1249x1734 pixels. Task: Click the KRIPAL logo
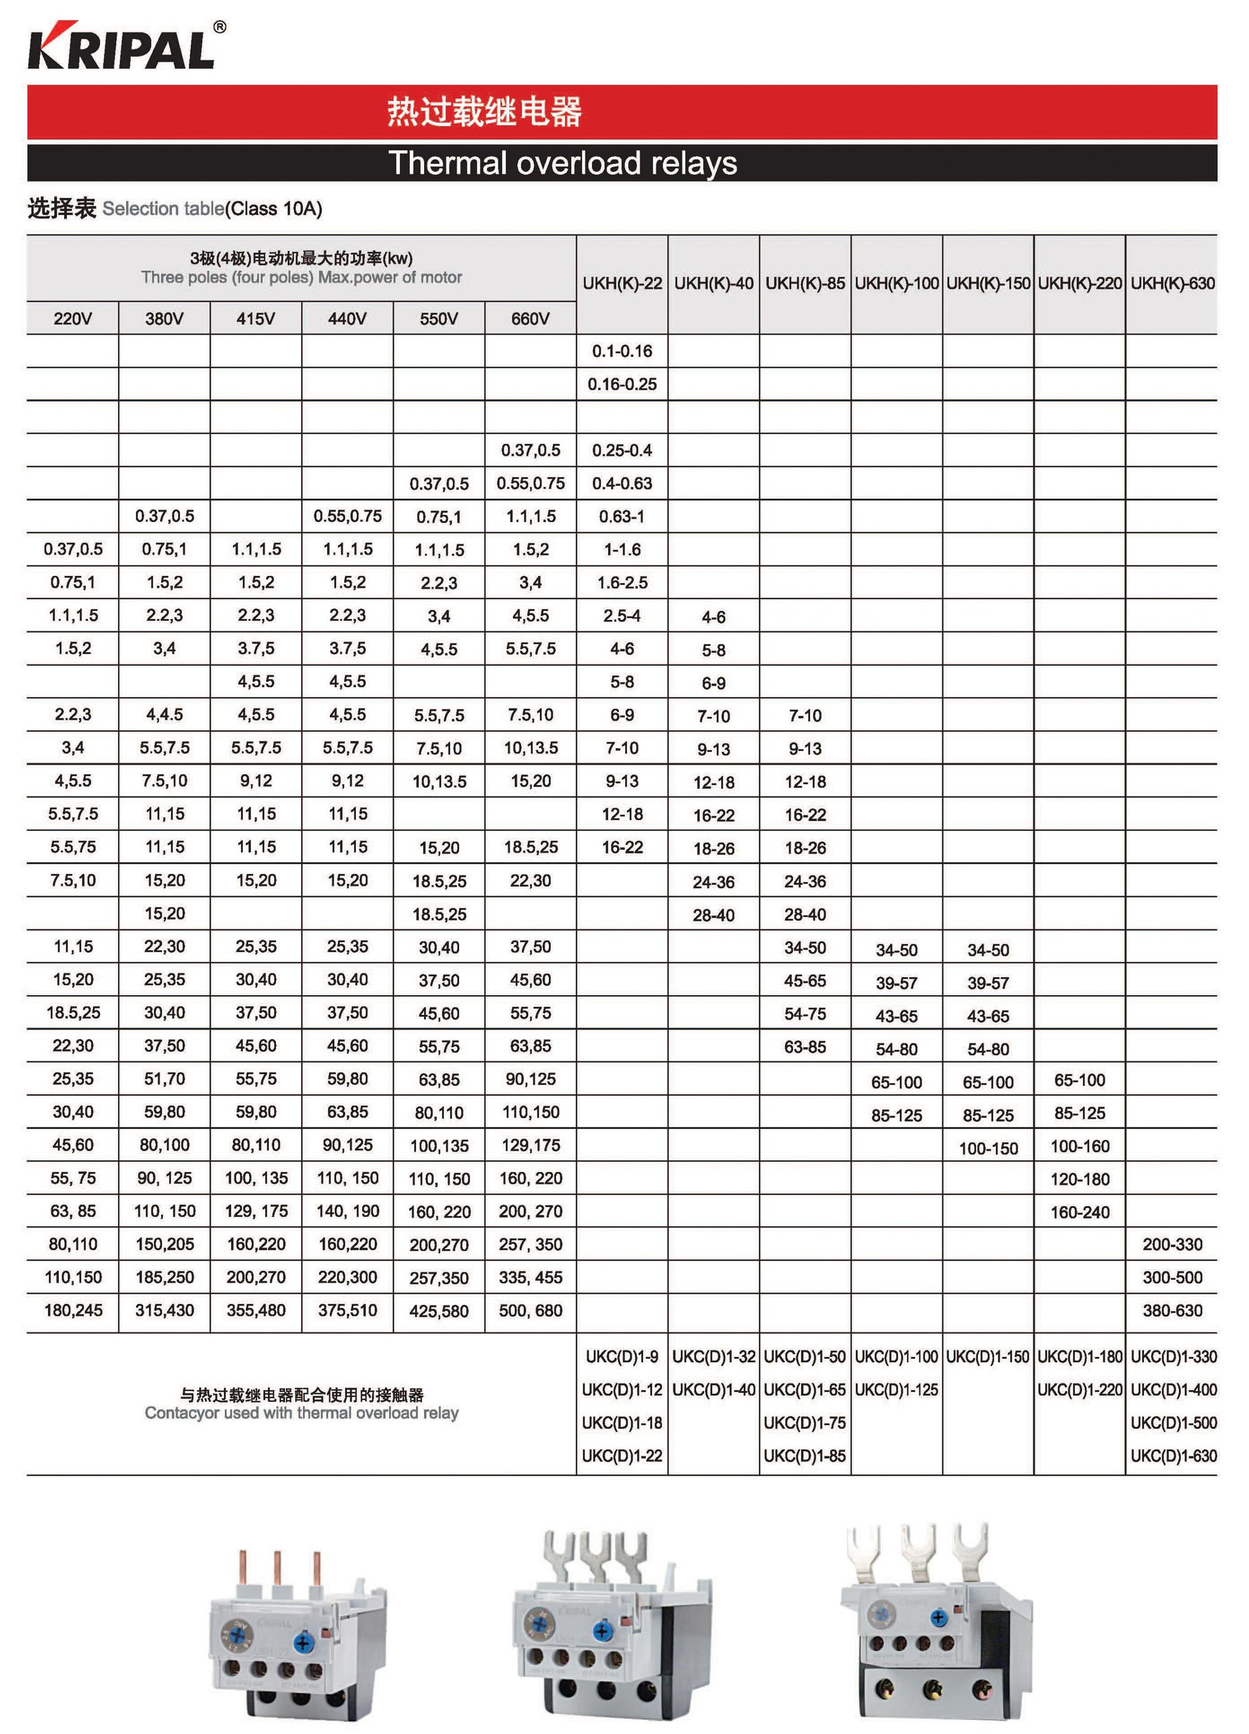point(122,47)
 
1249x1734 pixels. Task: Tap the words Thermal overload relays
point(562,163)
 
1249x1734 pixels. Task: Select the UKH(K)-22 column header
point(621,284)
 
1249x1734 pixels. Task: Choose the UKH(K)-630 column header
point(1172,284)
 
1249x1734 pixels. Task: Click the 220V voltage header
point(72,319)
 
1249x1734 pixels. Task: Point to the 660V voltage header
point(530,319)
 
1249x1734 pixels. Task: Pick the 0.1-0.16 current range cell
point(621,351)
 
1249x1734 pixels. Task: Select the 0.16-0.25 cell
point(621,384)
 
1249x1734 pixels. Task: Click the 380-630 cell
point(1172,1310)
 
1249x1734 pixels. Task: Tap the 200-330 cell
point(1172,1244)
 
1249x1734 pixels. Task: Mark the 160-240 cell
point(1079,1212)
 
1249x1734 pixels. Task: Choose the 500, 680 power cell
point(530,1310)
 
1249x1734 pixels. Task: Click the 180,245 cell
point(72,1310)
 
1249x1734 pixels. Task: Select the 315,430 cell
point(164,1310)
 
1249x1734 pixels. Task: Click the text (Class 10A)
point(274,209)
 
